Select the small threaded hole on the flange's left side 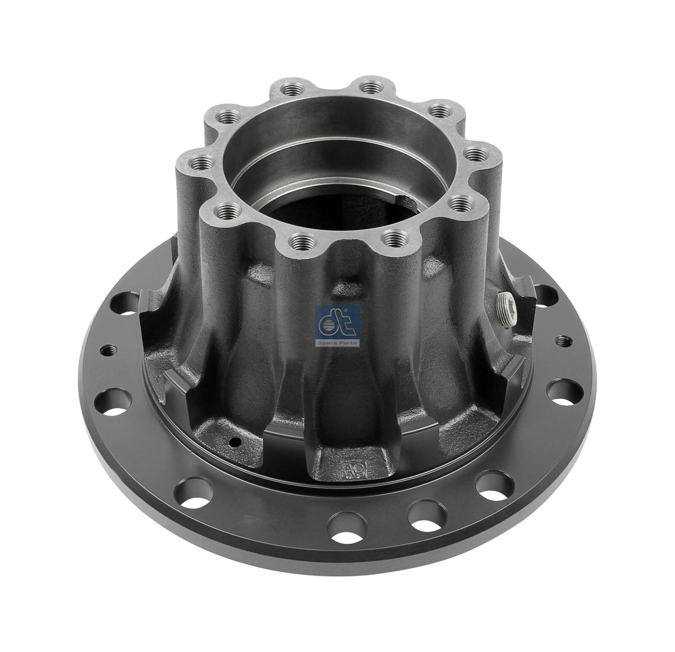point(107,337)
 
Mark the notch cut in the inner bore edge point(408,199)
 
